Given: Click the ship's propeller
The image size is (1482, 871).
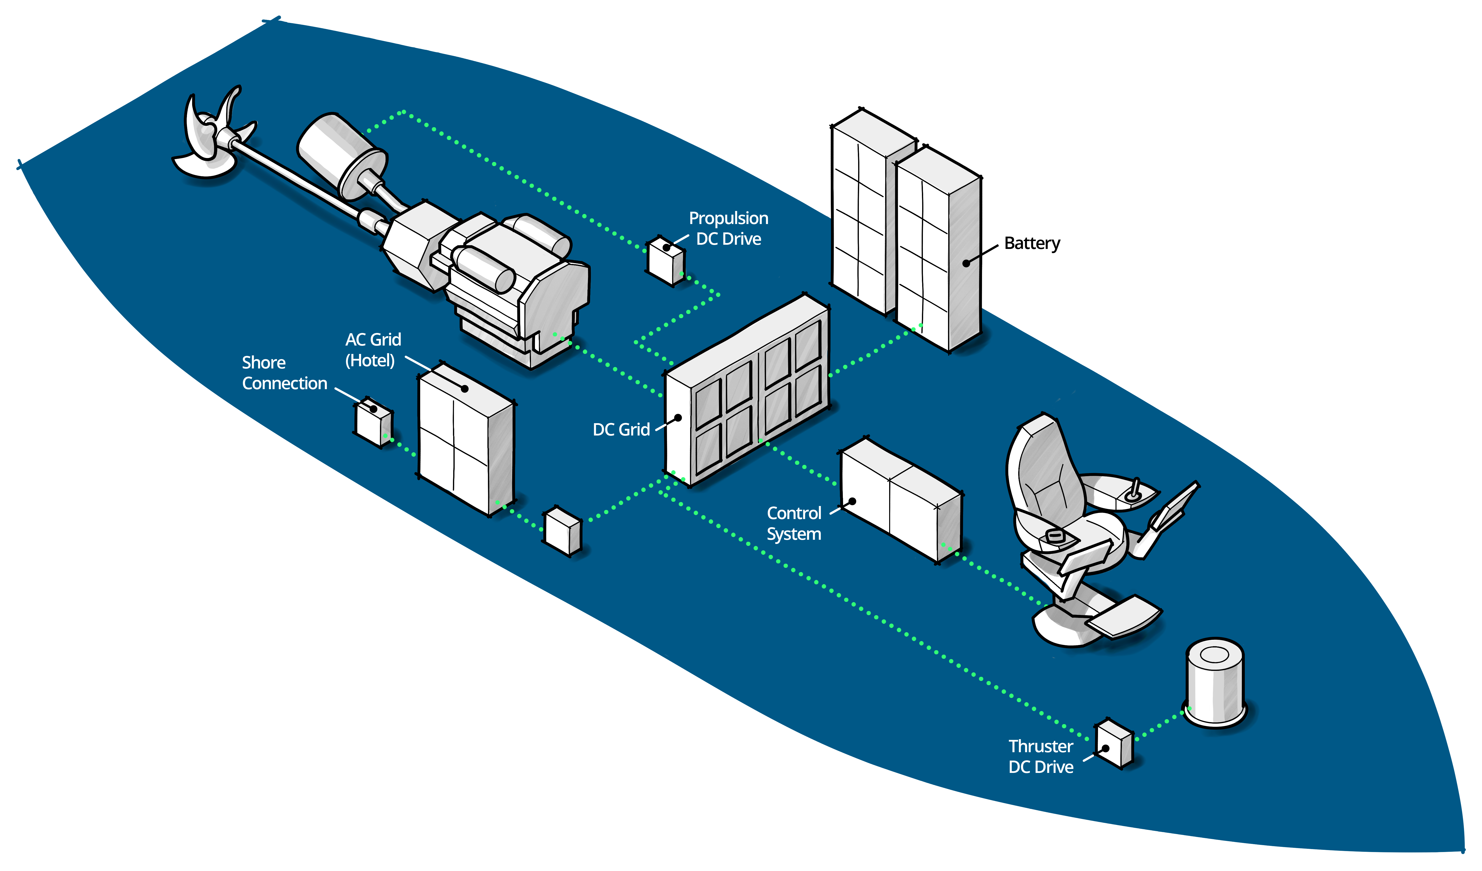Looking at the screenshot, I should click(x=209, y=138).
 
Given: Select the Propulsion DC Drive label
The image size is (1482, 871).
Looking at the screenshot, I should click(x=728, y=228).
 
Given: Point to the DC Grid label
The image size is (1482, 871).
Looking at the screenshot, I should click(x=621, y=430).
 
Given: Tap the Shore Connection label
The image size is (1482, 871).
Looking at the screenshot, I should click(x=284, y=373).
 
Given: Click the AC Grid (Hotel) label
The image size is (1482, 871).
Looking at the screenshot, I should click(x=373, y=349).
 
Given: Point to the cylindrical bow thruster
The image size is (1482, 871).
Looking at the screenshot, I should click(x=1215, y=683).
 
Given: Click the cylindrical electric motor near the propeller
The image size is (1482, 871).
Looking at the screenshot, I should click(x=341, y=153).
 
